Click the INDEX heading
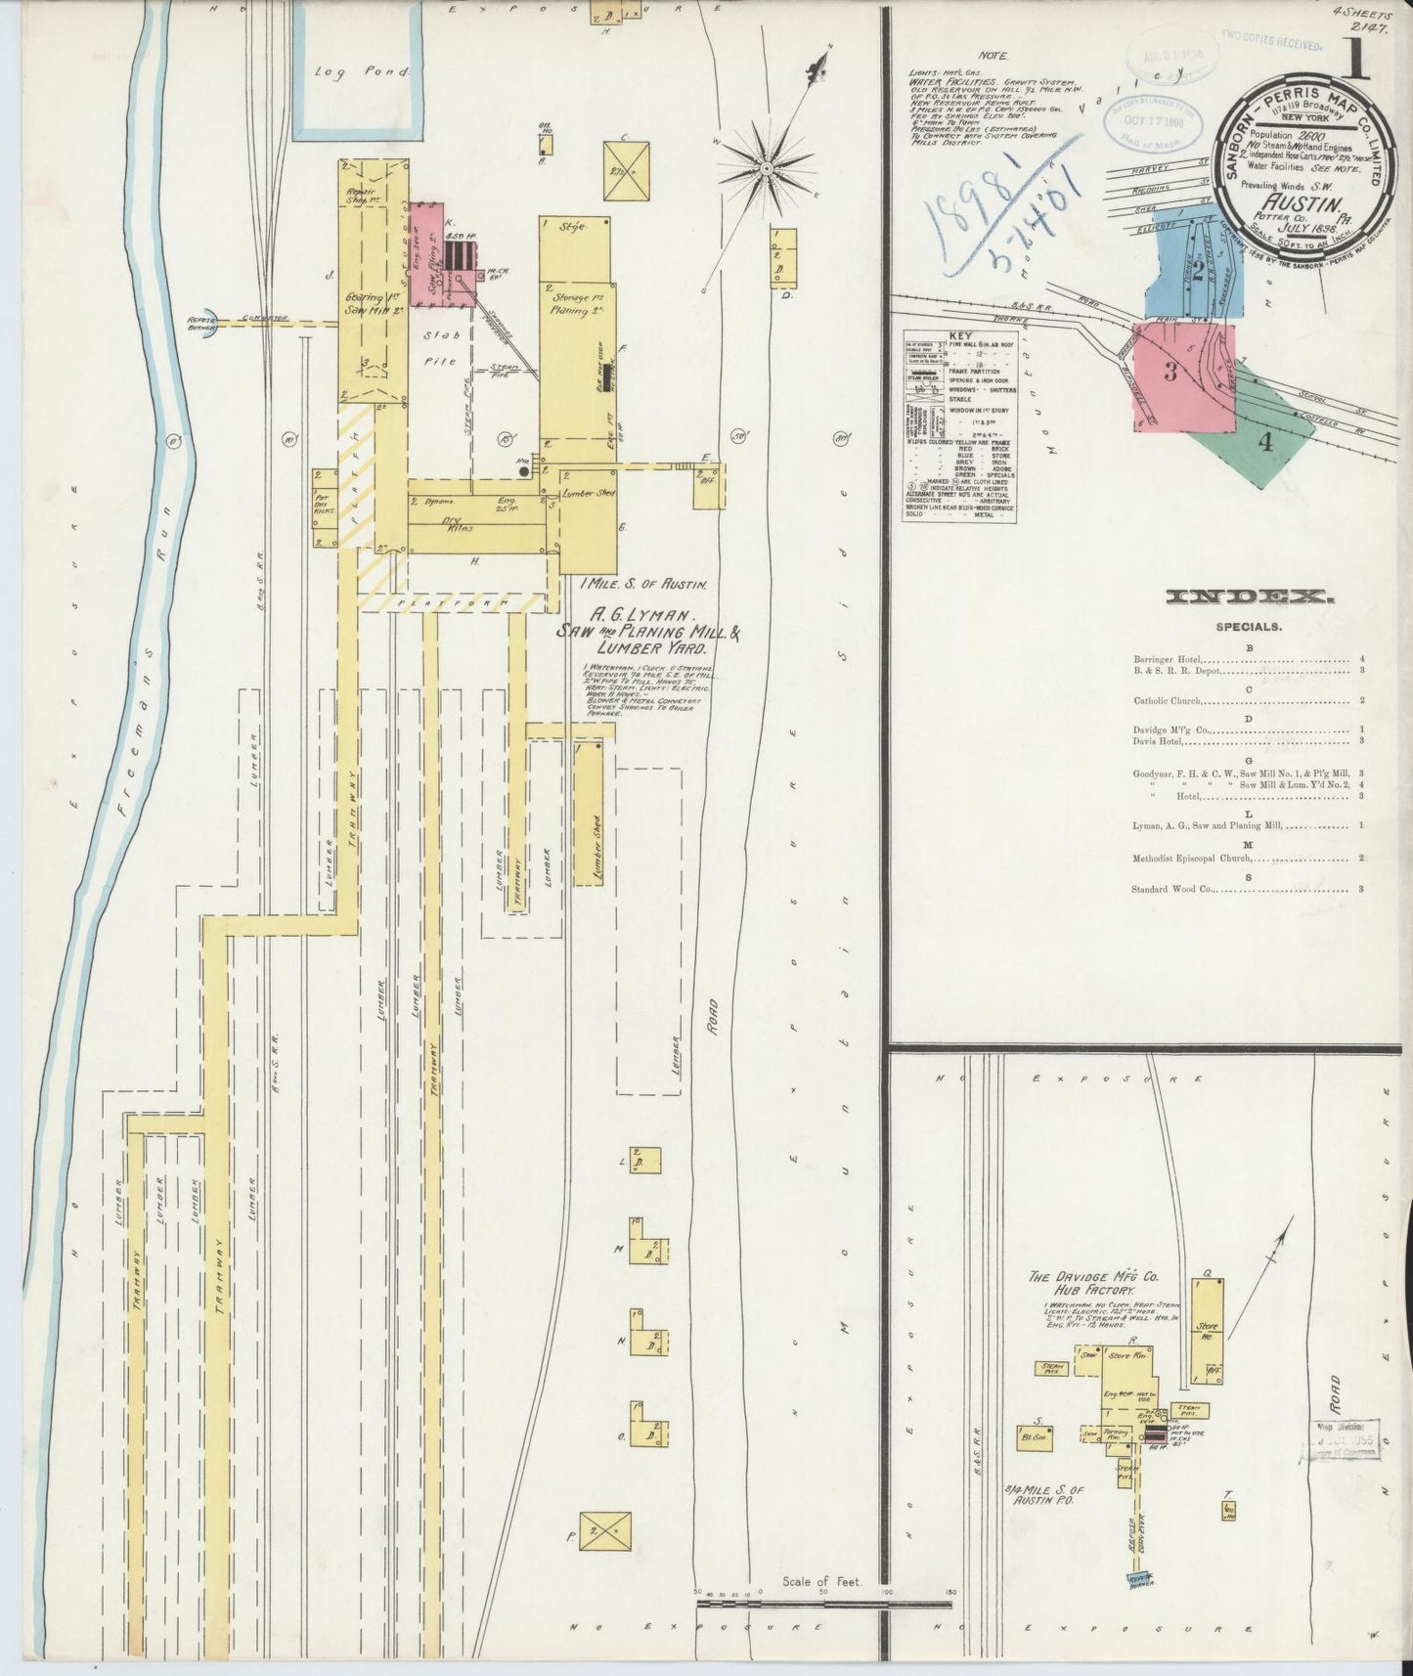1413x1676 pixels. coord(1249,596)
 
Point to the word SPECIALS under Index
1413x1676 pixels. coord(1249,627)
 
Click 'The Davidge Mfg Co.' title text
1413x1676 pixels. coord(1092,1277)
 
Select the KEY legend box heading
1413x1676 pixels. coord(960,335)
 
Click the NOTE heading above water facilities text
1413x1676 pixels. coord(997,57)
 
